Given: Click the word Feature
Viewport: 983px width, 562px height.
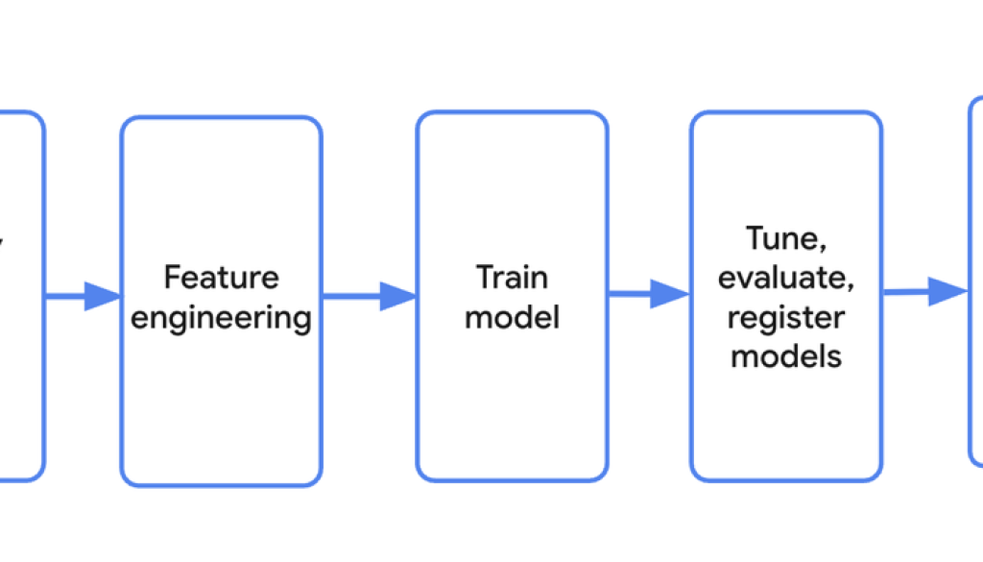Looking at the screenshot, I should (x=221, y=278).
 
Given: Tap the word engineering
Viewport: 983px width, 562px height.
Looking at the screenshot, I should (x=221, y=317).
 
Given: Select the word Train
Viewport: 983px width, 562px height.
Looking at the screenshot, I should (x=512, y=278).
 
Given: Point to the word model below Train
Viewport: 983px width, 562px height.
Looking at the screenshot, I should (x=512, y=316).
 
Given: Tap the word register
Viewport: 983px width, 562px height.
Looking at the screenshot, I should (x=786, y=317).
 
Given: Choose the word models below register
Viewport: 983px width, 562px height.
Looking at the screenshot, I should (x=786, y=355).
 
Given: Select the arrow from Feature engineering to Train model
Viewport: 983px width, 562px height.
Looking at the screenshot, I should (x=369, y=296).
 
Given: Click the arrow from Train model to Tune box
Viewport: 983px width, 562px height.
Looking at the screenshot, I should (x=649, y=294).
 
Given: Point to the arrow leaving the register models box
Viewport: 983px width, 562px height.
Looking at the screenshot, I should (x=924, y=292).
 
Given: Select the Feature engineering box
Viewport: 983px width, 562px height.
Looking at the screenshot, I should (x=221, y=423).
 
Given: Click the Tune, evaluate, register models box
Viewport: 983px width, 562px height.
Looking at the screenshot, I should (x=786, y=432).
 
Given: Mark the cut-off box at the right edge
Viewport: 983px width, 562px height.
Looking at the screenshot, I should (x=975, y=384).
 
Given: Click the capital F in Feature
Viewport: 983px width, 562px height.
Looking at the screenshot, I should (x=172, y=278).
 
